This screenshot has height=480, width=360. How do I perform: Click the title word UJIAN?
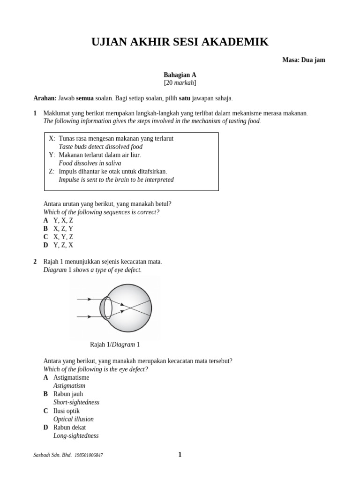tap(111, 42)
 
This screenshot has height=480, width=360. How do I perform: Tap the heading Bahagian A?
tap(180, 75)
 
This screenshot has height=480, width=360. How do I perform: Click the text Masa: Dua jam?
tap(303, 60)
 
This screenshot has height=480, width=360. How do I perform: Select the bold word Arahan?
tap(45, 98)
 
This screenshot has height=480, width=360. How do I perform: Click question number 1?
tap(35, 113)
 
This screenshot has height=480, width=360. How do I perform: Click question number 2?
tap(35, 262)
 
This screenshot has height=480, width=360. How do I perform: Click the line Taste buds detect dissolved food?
tap(100, 147)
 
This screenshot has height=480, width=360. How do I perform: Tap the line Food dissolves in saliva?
tap(90, 163)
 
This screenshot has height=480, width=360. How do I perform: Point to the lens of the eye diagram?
tap(107, 307)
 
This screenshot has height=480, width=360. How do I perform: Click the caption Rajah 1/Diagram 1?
tap(114, 345)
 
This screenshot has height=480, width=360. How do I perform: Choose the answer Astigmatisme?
tap(71, 377)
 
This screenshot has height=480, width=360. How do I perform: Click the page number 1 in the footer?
tap(180, 454)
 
